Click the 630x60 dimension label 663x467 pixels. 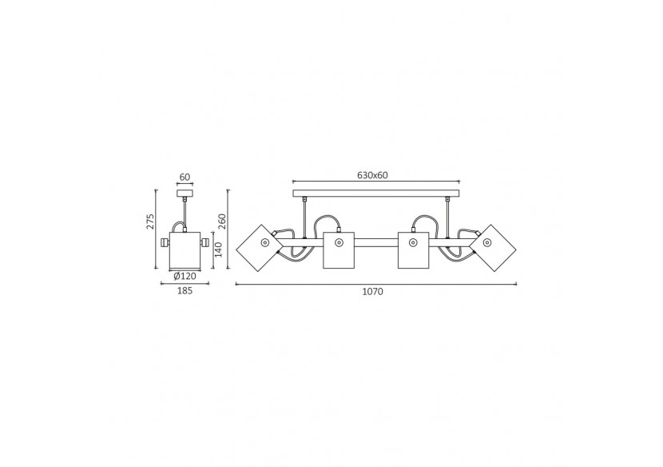click(x=372, y=175)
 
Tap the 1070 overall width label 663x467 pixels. click(x=372, y=291)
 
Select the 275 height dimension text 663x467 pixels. click(x=150, y=221)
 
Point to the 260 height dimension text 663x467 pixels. click(x=222, y=221)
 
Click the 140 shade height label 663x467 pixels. click(x=218, y=249)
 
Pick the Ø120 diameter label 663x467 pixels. click(x=185, y=277)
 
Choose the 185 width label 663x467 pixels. click(x=185, y=290)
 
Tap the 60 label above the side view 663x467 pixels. click(x=185, y=177)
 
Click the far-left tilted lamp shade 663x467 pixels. click(x=259, y=248)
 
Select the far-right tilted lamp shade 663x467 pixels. click(x=493, y=248)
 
